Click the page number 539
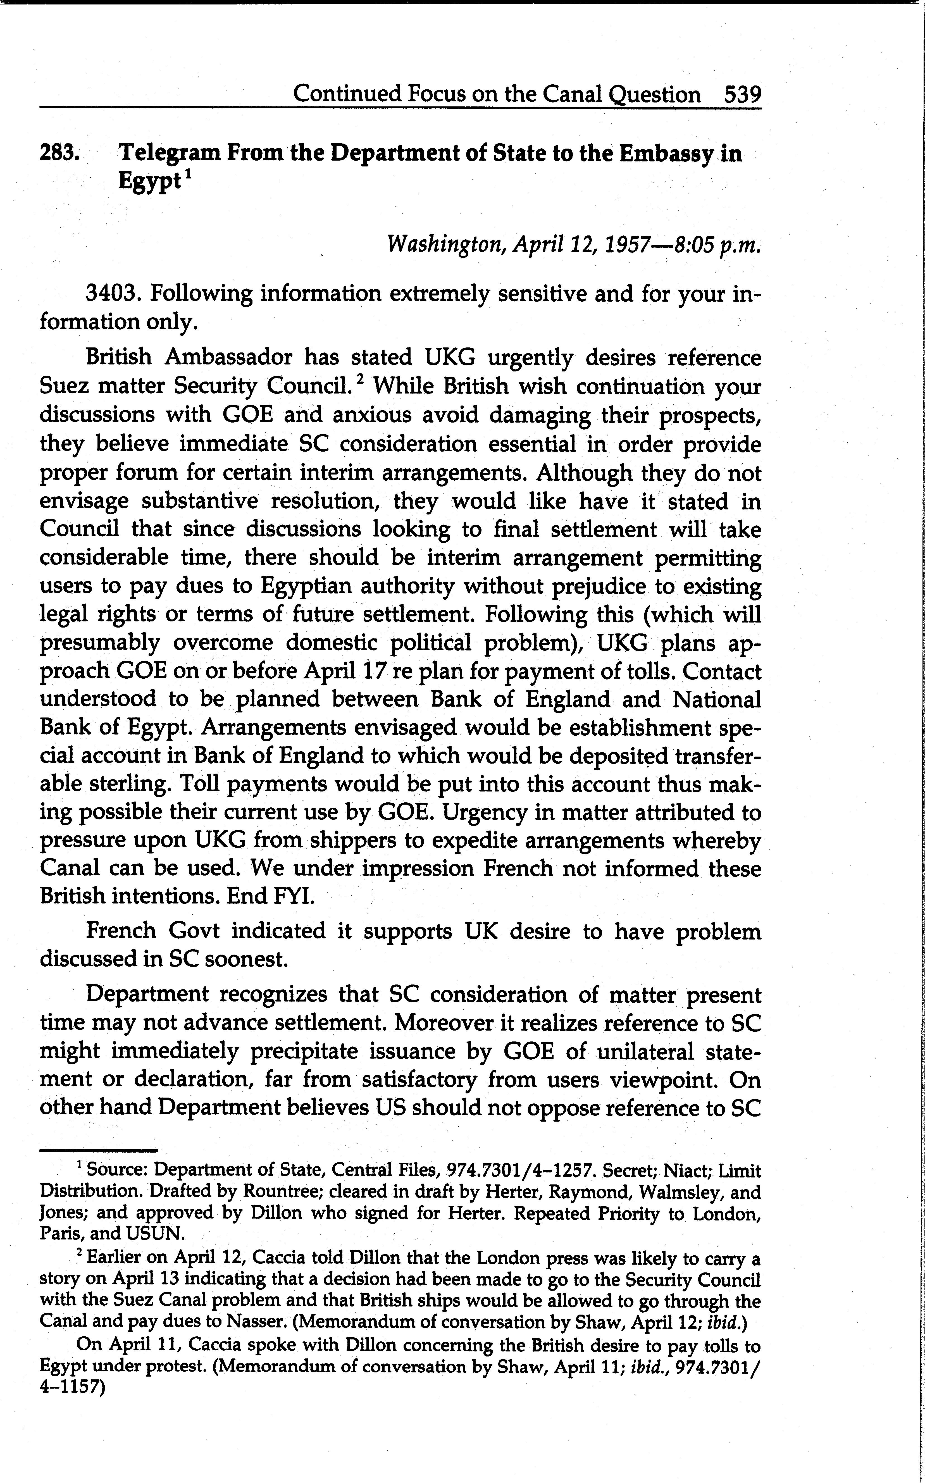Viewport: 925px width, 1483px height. (742, 95)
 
